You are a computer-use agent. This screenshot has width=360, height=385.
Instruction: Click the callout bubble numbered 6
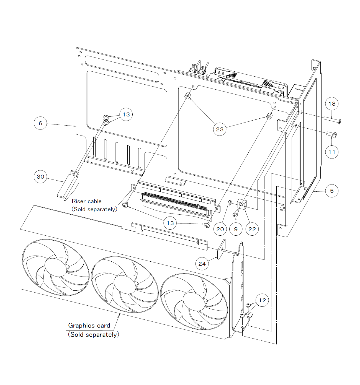(x=40, y=123)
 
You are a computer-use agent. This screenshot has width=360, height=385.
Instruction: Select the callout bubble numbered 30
(x=40, y=177)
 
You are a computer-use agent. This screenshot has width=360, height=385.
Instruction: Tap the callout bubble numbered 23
(x=220, y=129)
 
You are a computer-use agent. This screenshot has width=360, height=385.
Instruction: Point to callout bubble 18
(x=332, y=104)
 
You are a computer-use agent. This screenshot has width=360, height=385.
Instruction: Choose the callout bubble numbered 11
(x=332, y=152)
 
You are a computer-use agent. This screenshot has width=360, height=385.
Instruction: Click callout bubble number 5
(x=332, y=191)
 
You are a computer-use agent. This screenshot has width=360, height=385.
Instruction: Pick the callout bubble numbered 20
(x=220, y=229)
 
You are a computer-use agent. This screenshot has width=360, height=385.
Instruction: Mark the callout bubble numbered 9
(x=236, y=229)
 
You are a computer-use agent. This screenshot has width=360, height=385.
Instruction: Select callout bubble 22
(x=252, y=229)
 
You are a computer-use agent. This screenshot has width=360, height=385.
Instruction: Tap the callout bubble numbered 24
(x=202, y=264)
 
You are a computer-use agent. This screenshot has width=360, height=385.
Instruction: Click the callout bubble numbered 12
(x=262, y=300)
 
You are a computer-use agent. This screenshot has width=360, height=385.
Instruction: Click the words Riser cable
(x=86, y=201)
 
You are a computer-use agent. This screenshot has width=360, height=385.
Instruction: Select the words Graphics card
(x=89, y=326)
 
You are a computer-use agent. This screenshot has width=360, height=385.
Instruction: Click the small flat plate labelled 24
(x=222, y=249)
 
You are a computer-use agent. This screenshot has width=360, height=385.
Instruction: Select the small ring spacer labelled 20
(x=230, y=203)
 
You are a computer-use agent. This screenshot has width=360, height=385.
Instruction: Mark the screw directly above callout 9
(x=235, y=214)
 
